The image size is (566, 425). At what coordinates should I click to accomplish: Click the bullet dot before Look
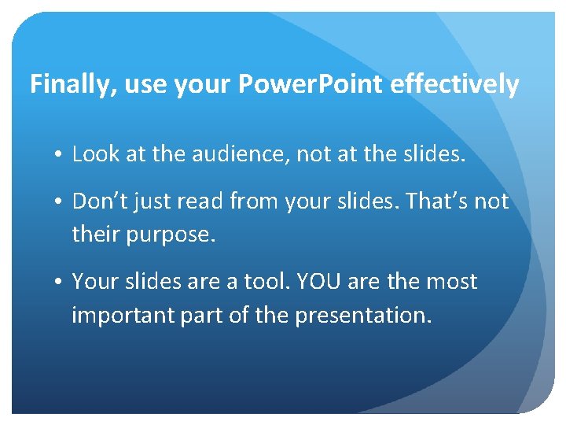(60, 155)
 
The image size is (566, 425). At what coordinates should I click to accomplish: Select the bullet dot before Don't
(60, 202)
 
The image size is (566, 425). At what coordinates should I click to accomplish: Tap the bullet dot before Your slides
(60, 282)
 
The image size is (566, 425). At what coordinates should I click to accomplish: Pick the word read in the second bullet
(200, 201)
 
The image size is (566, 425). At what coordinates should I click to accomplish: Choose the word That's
(430, 201)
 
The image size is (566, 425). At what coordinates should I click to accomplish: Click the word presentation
(362, 315)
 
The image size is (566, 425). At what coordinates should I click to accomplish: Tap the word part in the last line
(202, 315)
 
